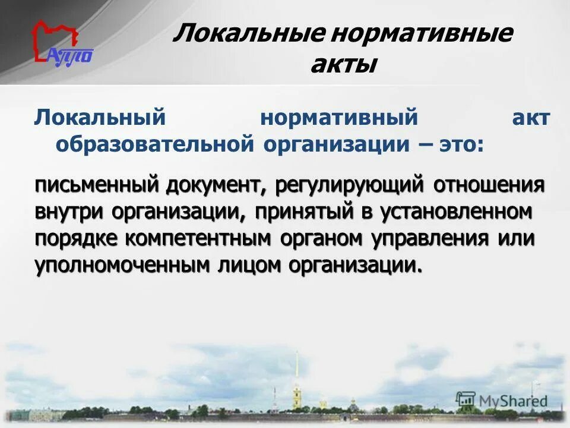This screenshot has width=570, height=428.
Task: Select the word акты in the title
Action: pos(343,64)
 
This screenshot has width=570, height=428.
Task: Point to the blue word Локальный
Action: pos(99,117)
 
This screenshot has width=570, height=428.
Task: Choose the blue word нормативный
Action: pos(339,117)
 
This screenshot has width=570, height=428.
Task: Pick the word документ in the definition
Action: pos(216,185)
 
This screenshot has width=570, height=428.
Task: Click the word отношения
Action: pos(489,185)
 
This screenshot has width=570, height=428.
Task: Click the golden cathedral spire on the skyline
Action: pos(295,397)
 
